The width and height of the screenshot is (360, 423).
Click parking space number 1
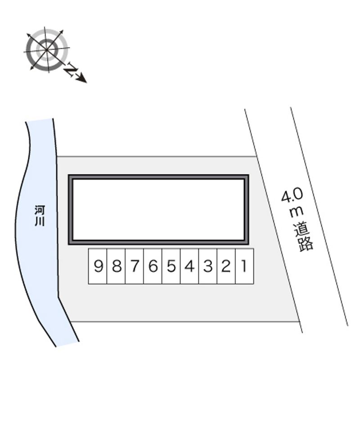[244, 266]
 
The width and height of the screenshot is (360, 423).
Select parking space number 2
[226, 266]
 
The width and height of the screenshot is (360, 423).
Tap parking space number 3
[208, 266]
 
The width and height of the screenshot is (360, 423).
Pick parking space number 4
[189, 266]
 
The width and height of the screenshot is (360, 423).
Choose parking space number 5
[171, 266]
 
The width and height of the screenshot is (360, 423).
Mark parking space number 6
[153, 266]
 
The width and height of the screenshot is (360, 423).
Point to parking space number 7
[135, 266]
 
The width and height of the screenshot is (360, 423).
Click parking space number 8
[116, 266]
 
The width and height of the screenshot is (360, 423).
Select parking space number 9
[98, 266]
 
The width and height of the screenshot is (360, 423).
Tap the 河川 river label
[40, 216]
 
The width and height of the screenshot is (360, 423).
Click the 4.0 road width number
[292, 196]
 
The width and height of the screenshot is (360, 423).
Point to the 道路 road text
[303, 237]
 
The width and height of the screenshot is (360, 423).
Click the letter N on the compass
[71, 70]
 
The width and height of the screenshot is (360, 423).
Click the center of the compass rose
[47, 49]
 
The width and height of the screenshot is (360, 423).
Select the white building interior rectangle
[158, 209]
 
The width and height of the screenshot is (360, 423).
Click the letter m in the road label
[297, 211]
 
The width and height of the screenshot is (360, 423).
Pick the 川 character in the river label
[40, 221]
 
